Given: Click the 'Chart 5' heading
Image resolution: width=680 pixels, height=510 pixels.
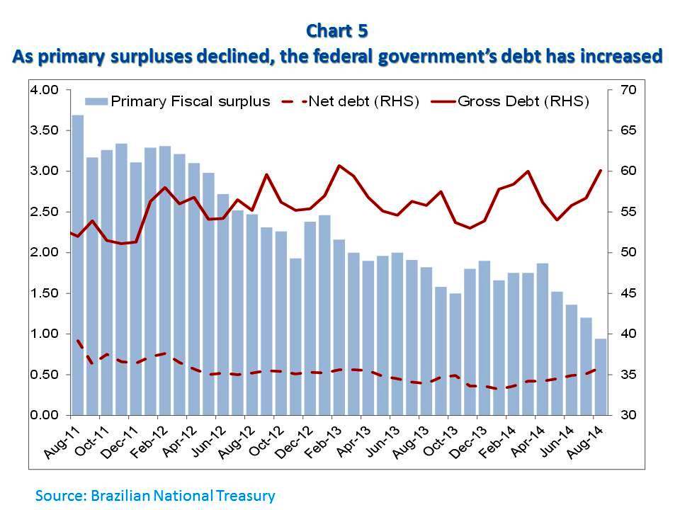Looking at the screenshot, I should (x=338, y=31).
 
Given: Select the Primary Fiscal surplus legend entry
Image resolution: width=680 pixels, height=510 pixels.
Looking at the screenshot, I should (x=178, y=101).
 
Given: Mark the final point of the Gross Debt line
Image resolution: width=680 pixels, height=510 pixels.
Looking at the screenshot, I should (x=601, y=171).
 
